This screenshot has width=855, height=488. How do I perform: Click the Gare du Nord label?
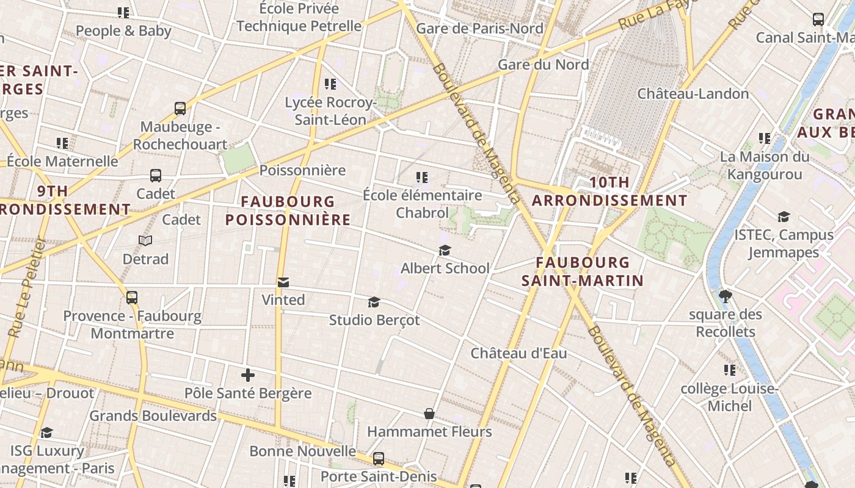click(543, 65)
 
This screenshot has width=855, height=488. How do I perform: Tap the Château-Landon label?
click(693, 94)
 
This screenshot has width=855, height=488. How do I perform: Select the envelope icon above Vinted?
click(283, 282)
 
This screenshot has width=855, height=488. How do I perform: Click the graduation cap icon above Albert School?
click(445, 251)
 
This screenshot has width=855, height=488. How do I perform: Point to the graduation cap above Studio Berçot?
click(374, 303)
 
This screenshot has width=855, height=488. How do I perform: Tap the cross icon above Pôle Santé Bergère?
click(248, 375)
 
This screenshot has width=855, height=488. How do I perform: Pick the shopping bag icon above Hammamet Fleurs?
click(429, 414)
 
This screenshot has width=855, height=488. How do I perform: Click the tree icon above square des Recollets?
click(726, 297)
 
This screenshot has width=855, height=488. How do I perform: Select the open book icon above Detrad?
click(145, 241)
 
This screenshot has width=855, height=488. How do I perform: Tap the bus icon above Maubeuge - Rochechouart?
click(180, 109)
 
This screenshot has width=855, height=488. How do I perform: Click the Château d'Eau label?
click(518, 353)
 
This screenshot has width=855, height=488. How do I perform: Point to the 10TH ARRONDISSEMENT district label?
click(609, 191)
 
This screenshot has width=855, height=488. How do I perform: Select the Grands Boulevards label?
click(153, 416)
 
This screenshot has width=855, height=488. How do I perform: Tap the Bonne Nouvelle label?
click(302, 451)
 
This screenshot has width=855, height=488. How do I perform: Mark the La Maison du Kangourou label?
click(764, 165)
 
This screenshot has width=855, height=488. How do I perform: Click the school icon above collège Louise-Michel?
click(729, 370)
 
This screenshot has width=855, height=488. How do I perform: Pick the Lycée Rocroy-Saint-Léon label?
click(330, 111)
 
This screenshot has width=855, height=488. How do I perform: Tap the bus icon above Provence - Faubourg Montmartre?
click(132, 298)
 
